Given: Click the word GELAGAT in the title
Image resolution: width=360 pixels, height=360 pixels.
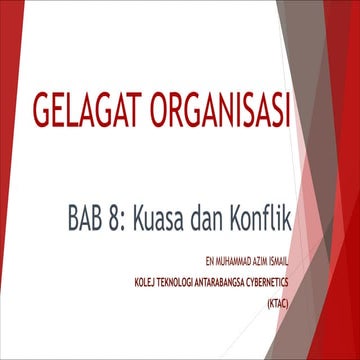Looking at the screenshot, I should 91,114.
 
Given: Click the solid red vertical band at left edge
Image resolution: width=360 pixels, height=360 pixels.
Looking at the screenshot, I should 8,180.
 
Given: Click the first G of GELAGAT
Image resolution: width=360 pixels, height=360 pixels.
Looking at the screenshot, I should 43,114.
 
